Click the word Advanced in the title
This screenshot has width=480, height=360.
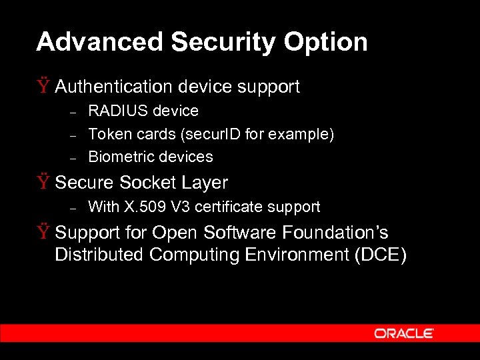tap(100, 42)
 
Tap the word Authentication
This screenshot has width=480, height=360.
tap(114, 87)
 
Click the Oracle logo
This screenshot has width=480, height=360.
tap(403, 333)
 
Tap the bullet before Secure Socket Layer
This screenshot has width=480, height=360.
tap(44, 182)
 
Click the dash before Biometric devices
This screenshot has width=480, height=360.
tap(75, 158)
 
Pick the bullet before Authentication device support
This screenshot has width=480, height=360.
tap(44, 86)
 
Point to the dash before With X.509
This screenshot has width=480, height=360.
tap(75, 208)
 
